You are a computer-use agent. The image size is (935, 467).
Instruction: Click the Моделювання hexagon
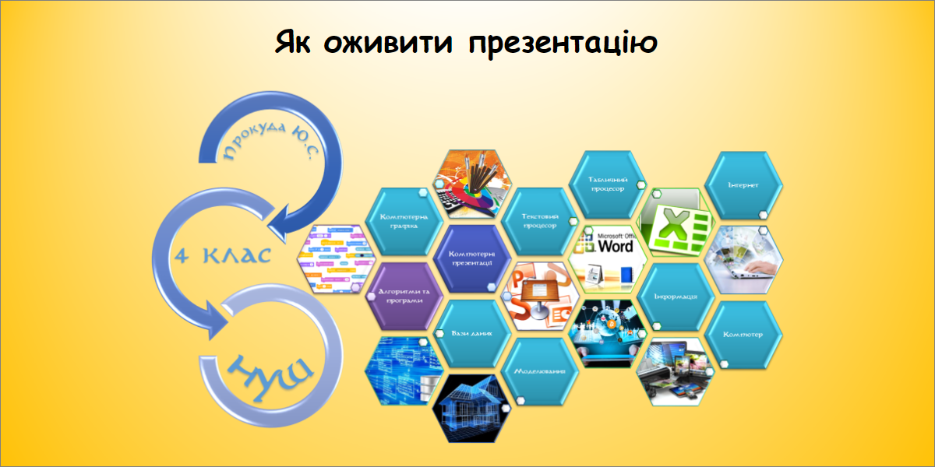[539, 370]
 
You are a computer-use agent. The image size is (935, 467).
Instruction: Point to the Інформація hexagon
[674, 296]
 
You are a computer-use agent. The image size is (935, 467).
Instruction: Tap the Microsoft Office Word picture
[608, 257]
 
